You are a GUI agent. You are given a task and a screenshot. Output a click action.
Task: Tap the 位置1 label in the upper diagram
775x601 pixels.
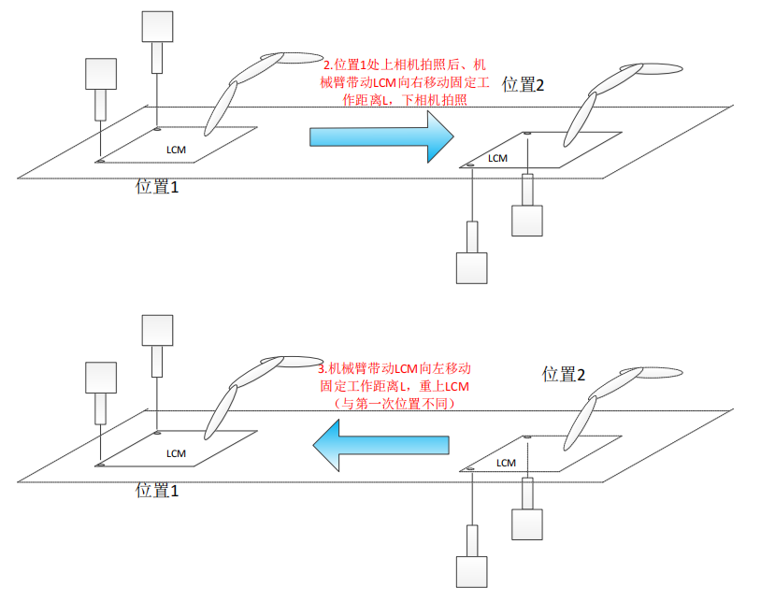[156, 186]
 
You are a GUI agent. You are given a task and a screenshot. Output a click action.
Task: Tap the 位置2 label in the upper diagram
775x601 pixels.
[523, 84]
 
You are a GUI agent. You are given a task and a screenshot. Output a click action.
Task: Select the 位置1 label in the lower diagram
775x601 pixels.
[156, 489]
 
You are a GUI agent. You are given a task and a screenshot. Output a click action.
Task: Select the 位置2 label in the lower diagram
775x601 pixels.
[564, 375]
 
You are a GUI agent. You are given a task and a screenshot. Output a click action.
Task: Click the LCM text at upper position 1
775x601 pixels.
[176, 150]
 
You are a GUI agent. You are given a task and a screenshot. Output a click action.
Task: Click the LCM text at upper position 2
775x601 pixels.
[497, 158]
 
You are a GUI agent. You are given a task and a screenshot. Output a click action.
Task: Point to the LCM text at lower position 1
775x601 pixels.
[176, 453]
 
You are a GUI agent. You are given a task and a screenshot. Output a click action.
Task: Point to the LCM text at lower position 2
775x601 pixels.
[506, 463]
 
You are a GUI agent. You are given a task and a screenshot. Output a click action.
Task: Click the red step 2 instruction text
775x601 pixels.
[401, 83]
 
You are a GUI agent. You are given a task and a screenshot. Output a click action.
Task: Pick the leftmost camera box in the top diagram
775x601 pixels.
[99, 74]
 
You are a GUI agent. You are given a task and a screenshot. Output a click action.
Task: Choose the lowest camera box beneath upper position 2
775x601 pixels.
[471, 267]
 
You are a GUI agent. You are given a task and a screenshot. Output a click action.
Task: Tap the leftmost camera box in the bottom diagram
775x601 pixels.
[99, 378]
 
